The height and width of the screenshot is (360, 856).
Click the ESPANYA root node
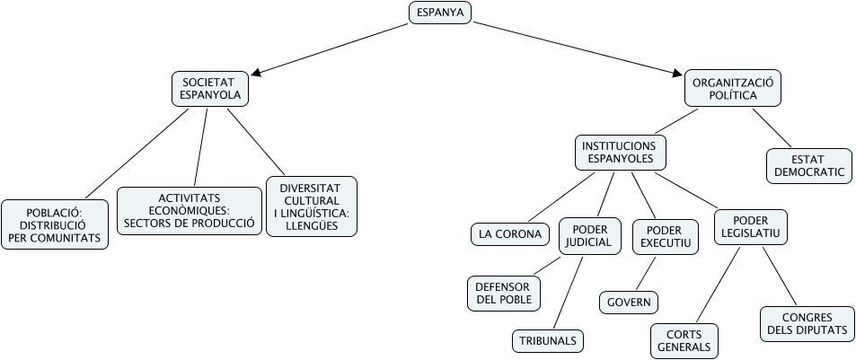(439, 13)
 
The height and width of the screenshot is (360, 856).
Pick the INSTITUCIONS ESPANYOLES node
(620, 153)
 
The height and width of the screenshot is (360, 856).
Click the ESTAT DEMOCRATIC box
(808, 166)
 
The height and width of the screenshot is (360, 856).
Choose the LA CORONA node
(510, 234)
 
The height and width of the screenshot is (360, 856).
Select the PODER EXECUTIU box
(663, 236)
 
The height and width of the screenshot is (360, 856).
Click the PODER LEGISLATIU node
(751, 228)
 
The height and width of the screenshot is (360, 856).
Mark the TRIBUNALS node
(548, 341)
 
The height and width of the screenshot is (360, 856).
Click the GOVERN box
(629, 303)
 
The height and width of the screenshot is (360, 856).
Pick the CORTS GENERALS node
(684, 340)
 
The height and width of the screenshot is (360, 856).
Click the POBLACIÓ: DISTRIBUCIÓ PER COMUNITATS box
(55, 224)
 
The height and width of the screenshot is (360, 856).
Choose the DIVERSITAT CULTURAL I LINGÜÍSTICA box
(312, 206)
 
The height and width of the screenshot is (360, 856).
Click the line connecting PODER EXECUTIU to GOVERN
(647, 273)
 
